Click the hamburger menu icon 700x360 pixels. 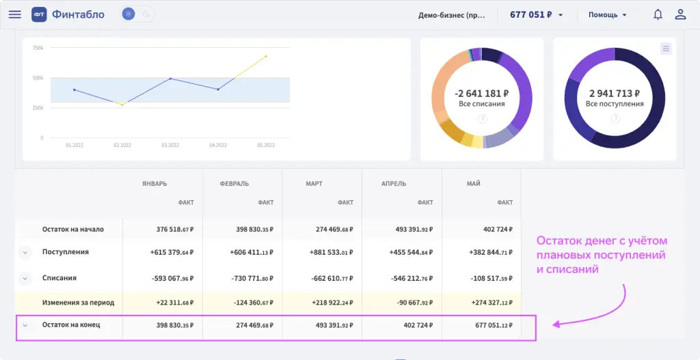click(14, 14)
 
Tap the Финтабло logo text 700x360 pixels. click(78, 14)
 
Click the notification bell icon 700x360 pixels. click(658, 14)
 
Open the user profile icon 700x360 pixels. click(680, 14)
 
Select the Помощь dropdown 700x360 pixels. click(608, 14)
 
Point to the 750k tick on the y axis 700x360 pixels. click(38, 48)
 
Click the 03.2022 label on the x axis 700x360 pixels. click(170, 146)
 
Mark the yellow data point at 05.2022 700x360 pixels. click(265, 57)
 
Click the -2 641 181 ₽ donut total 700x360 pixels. click(481, 94)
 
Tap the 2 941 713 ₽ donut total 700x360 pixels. click(615, 94)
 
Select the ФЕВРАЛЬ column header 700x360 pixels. click(234, 184)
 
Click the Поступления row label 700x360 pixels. click(66, 252)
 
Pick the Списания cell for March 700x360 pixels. click(330, 279)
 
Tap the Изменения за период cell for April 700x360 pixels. click(409, 303)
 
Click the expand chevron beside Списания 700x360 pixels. click(25, 279)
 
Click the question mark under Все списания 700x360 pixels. click(482, 118)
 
